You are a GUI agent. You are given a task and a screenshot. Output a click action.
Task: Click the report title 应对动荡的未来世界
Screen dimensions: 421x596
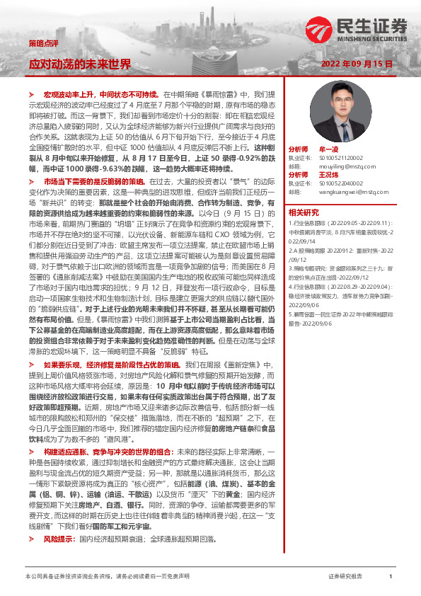coord(79,64)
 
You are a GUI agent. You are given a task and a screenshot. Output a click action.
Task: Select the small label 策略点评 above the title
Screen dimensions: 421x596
coord(40,42)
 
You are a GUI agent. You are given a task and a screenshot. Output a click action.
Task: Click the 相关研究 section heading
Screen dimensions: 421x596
coord(304,212)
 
